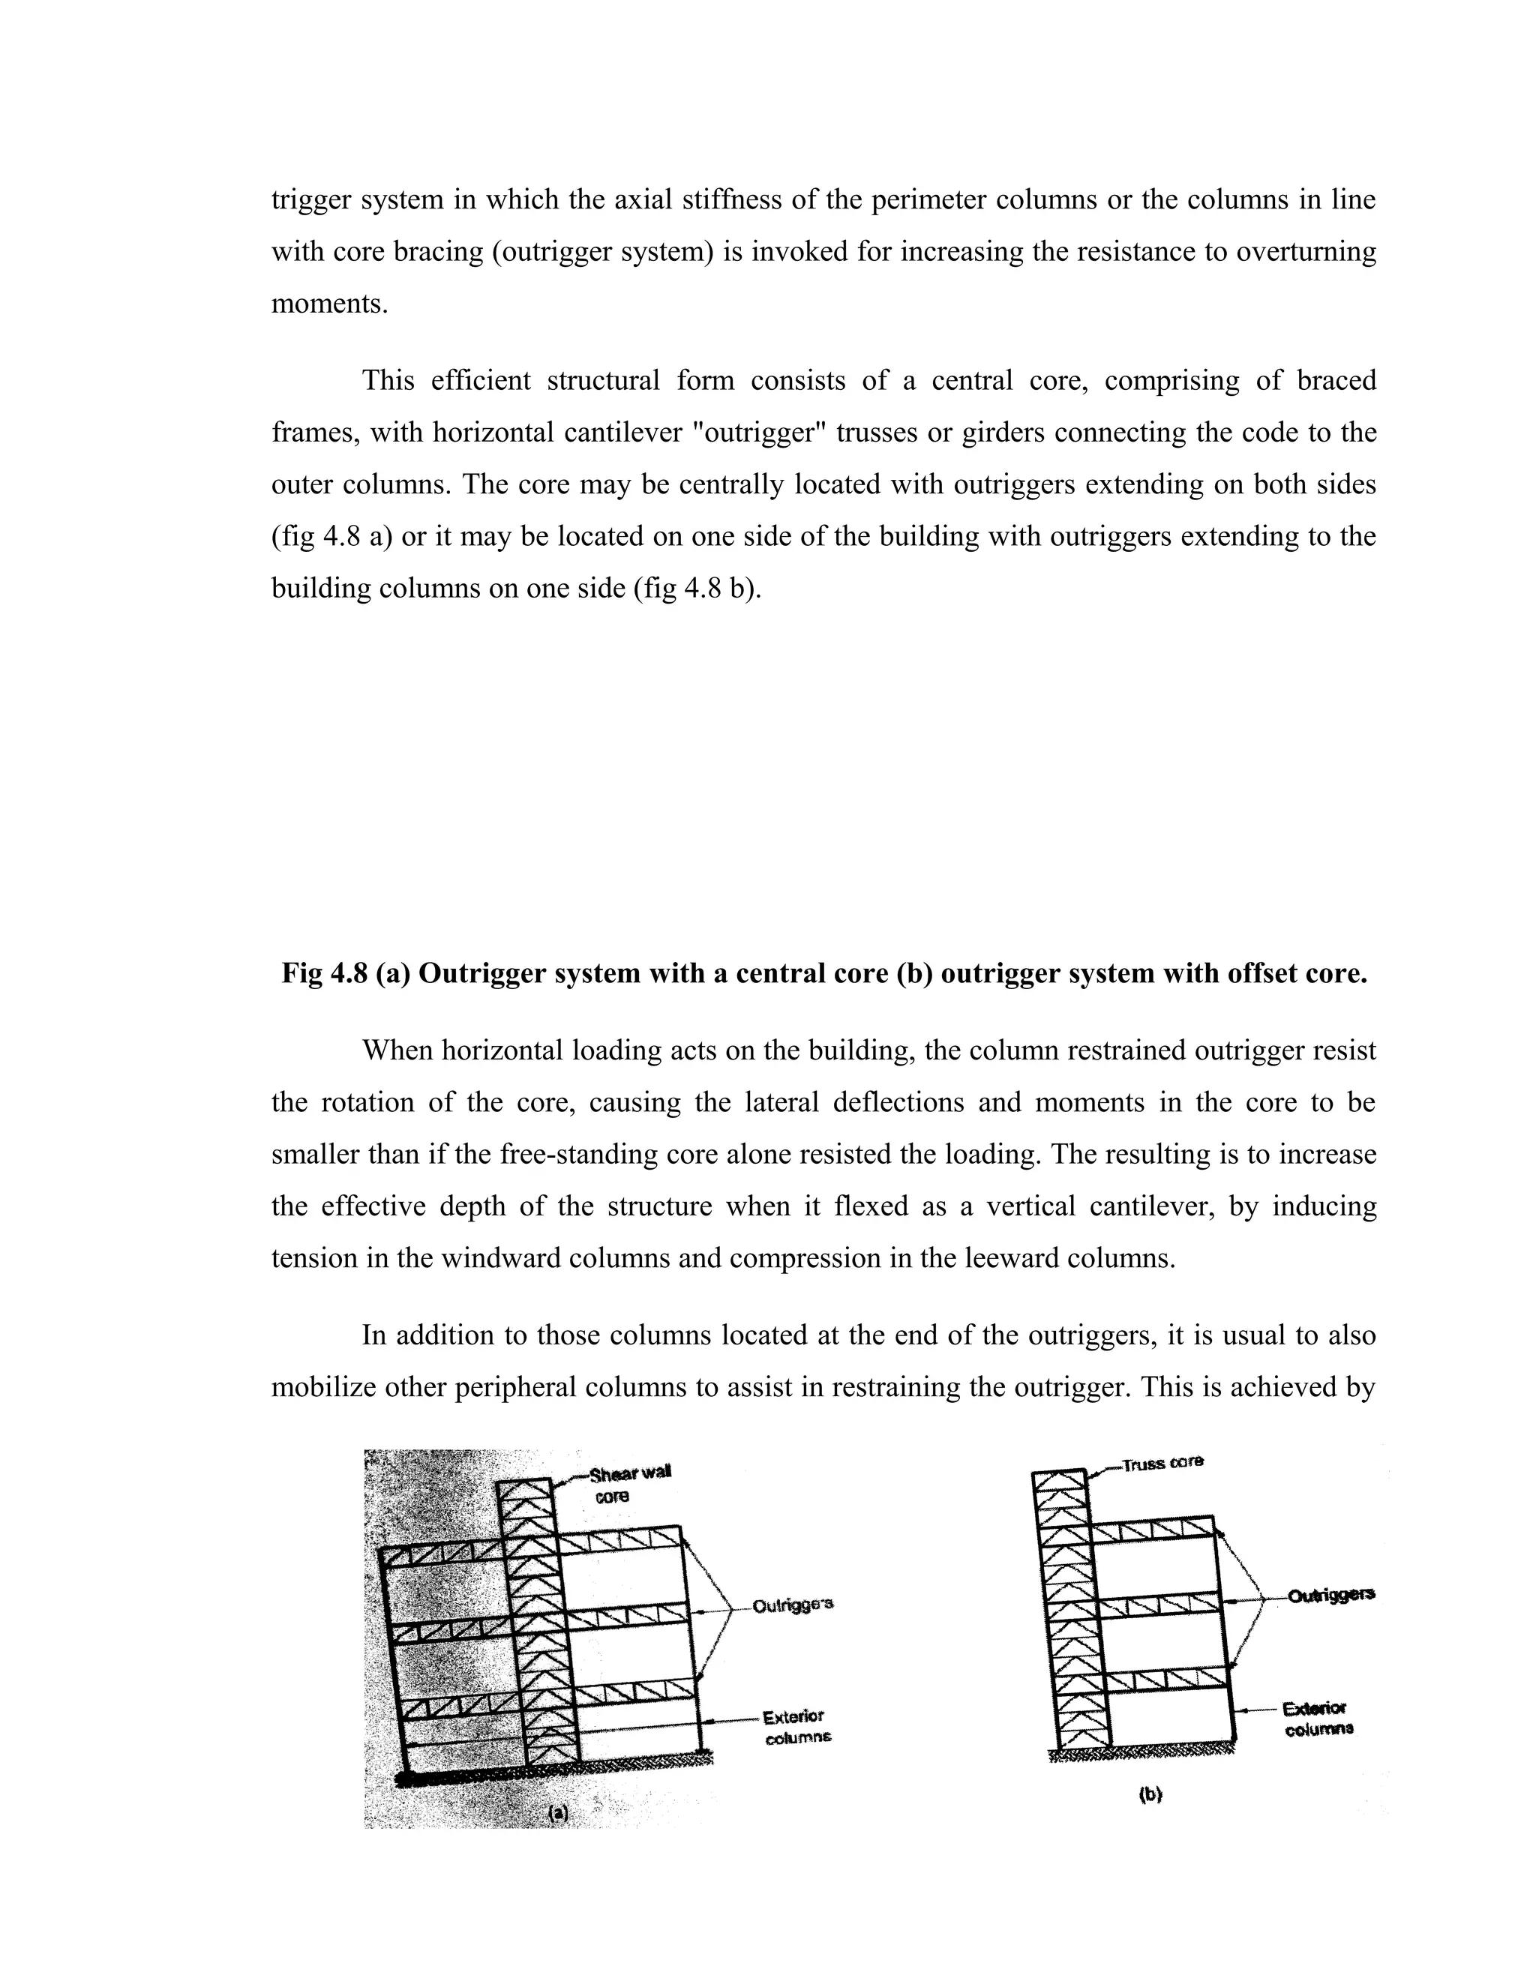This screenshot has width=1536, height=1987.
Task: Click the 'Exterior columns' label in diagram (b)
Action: tap(1318, 1719)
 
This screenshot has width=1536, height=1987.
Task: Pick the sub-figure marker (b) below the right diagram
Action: tap(1150, 1795)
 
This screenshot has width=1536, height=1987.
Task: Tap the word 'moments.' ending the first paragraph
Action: tap(329, 304)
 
